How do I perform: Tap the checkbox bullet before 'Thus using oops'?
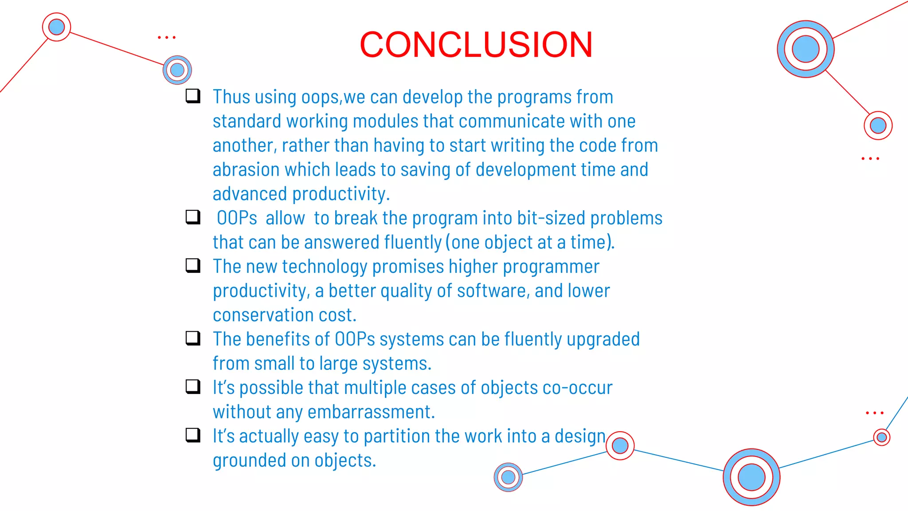click(x=193, y=96)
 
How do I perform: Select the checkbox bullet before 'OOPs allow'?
click(x=193, y=217)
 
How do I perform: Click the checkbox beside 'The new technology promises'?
click(x=193, y=265)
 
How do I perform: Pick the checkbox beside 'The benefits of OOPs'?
click(x=193, y=338)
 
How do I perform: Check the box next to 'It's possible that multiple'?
click(x=193, y=386)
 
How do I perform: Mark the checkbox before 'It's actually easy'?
click(x=193, y=435)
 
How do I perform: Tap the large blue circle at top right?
click(x=806, y=49)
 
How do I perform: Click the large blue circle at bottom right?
click(x=751, y=477)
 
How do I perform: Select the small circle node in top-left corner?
click(x=56, y=27)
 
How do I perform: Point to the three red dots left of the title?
click(x=167, y=38)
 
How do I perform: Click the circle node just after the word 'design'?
click(x=620, y=445)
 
